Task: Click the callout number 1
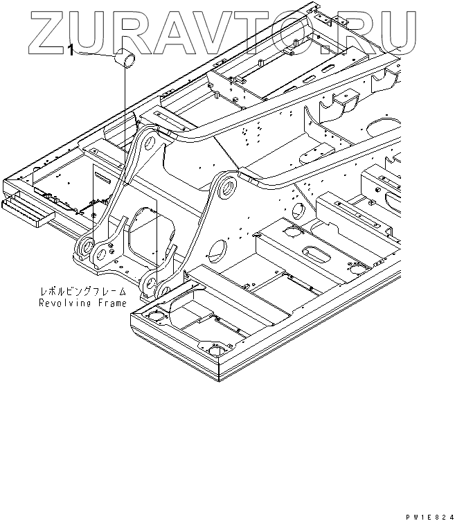pyautogui.click(x=71, y=49)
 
